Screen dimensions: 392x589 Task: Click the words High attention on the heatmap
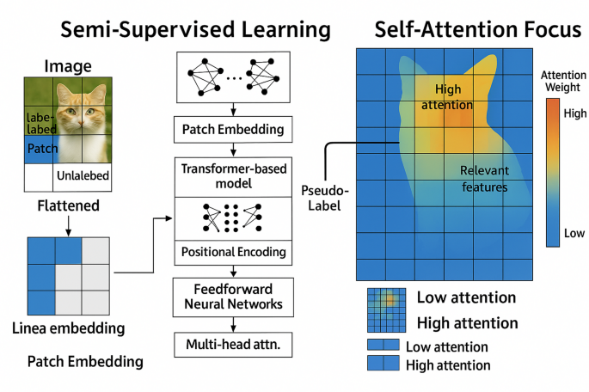point(448,97)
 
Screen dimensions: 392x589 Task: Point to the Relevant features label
point(484,178)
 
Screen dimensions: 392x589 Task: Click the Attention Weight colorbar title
point(562,82)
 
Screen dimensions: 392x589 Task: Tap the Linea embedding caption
point(68,328)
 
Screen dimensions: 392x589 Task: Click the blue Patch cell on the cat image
point(42,148)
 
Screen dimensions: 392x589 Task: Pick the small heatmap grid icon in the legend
point(386,310)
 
